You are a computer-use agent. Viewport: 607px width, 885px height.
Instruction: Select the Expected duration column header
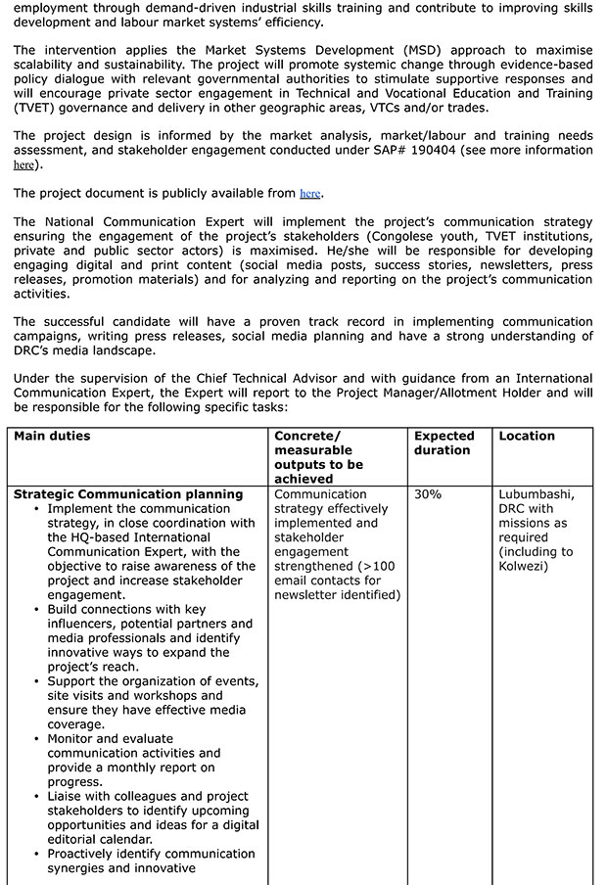(x=444, y=442)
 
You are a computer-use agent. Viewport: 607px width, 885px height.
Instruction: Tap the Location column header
(x=527, y=436)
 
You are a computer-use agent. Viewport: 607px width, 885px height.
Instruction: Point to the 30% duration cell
(x=428, y=494)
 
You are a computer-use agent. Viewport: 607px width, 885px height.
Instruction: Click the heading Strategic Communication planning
(x=128, y=494)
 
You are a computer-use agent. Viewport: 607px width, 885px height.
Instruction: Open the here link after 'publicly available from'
(x=309, y=194)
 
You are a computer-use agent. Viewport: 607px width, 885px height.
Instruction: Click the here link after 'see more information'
(x=23, y=165)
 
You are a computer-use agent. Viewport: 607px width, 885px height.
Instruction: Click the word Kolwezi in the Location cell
(x=524, y=566)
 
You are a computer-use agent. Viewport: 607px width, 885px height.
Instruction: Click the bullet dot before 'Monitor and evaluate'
(x=36, y=739)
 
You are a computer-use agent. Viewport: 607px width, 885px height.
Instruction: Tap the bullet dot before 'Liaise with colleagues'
(x=36, y=797)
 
